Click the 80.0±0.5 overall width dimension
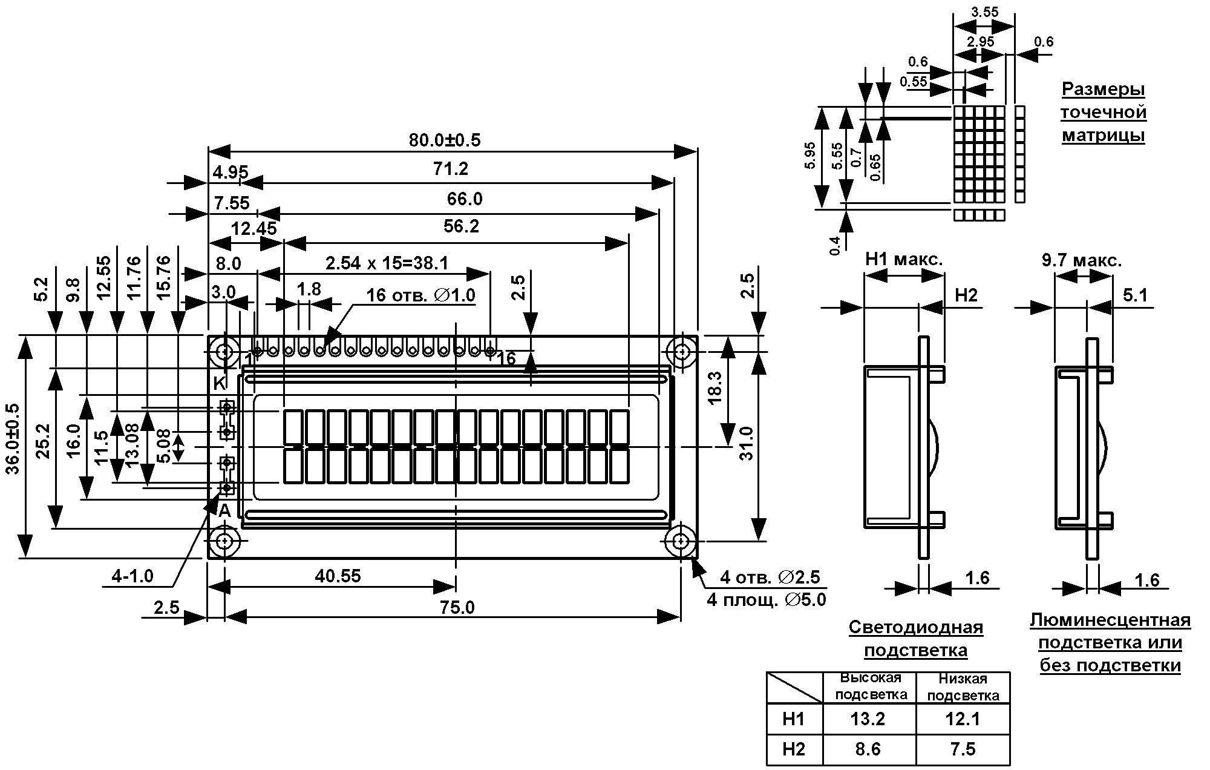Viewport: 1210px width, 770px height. point(445,140)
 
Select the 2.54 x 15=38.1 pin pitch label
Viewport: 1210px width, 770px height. point(387,263)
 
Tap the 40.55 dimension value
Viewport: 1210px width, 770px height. point(338,576)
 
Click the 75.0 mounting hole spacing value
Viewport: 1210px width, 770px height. point(457,607)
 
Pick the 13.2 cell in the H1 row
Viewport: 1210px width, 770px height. point(868,719)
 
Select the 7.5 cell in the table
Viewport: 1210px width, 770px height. point(963,749)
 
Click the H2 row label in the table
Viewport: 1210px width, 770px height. point(794,749)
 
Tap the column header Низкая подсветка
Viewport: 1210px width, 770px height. point(963,687)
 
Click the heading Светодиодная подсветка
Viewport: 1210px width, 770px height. point(916,639)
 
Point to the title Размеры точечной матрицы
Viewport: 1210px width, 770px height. point(1104,112)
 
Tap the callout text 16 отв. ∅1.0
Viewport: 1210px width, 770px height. point(421,295)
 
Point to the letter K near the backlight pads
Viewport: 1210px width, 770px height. point(220,383)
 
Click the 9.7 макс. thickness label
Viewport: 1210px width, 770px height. point(1082,261)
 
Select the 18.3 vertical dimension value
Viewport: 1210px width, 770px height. point(715,388)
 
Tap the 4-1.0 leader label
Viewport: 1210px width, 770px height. point(132,576)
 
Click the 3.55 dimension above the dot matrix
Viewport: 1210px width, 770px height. point(984,12)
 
